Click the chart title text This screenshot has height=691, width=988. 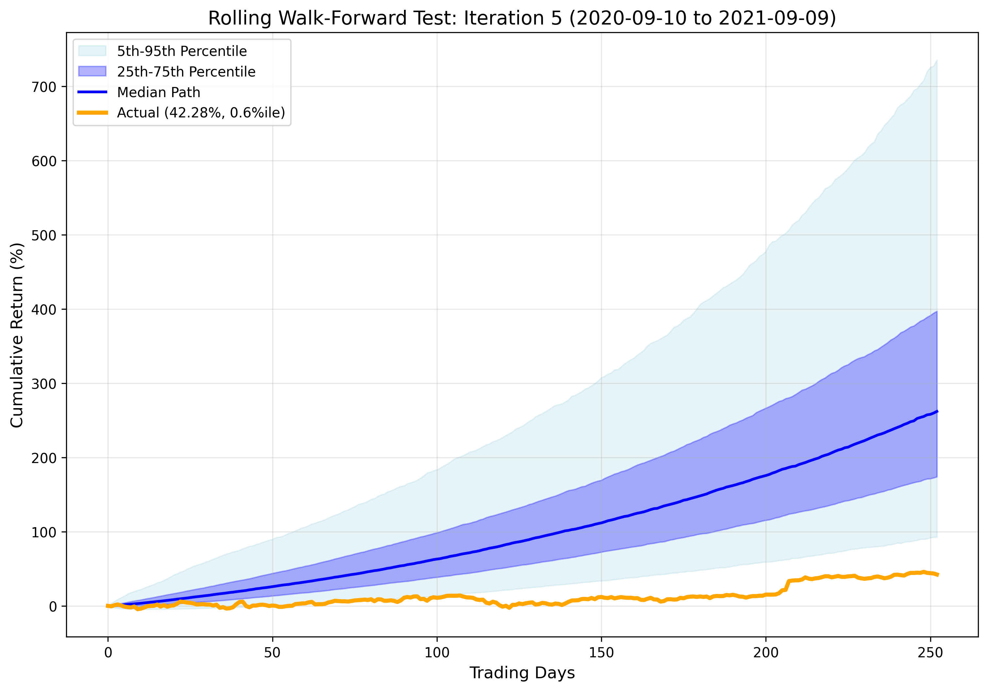[x=522, y=19]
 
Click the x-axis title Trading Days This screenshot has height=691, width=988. [x=522, y=672]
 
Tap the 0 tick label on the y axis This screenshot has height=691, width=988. [x=53, y=607]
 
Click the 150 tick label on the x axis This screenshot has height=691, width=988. [x=601, y=653]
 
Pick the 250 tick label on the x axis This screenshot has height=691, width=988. [x=930, y=653]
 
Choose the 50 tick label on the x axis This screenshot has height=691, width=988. [x=272, y=653]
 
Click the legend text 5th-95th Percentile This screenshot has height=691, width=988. [x=182, y=51]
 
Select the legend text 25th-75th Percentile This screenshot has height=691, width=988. [x=186, y=72]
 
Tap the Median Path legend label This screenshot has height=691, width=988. [x=159, y=92]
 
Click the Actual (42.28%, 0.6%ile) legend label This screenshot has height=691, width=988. [x=201, y=112]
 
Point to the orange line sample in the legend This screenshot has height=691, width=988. [x=92, y=112]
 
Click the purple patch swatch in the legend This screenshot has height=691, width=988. [x=92, y=72]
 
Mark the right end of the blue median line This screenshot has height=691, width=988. [x=937, y=412]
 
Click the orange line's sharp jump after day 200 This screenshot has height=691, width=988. [x=787, y=585]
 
